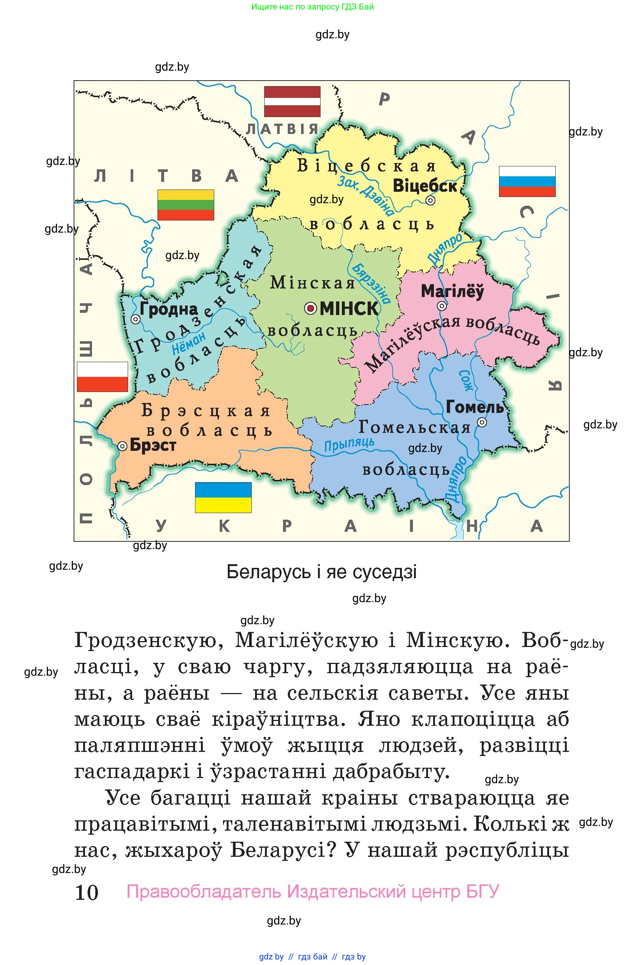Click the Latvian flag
[x=292, y=101]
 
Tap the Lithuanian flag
[x=186, y=205]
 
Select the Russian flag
[x=527, y=181]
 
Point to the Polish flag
[x=103, y=377]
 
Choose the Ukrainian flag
[x=223, y=498]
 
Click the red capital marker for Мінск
[x=311, y=308]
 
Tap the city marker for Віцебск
[x=430, y=200]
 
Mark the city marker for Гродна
[x=136, y=319]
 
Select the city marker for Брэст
[x=123, y=446]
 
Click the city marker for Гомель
[x=482, y=423]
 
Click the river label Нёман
[x=189, y=344]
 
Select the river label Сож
[x=465, y=380]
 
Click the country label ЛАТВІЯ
[x=282, y=129]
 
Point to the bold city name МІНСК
[x=349, y=309]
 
